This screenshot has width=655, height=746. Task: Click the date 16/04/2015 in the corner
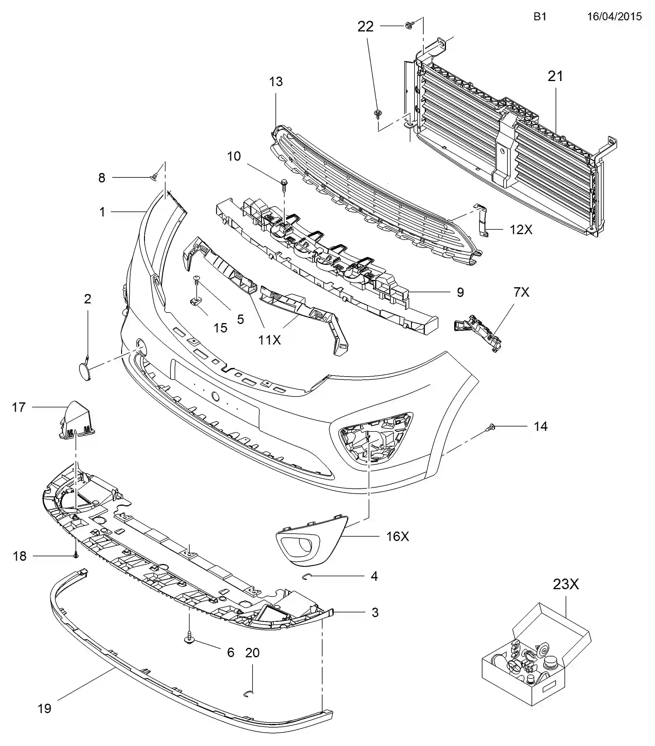click(x=614, y=16)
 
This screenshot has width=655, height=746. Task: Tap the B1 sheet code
click(x=540, y=16)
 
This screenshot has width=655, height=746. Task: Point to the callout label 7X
click(x=521, y=292)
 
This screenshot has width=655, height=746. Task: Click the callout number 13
click(x=276, y=81)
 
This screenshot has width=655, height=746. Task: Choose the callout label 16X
click(x=398, y=536)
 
